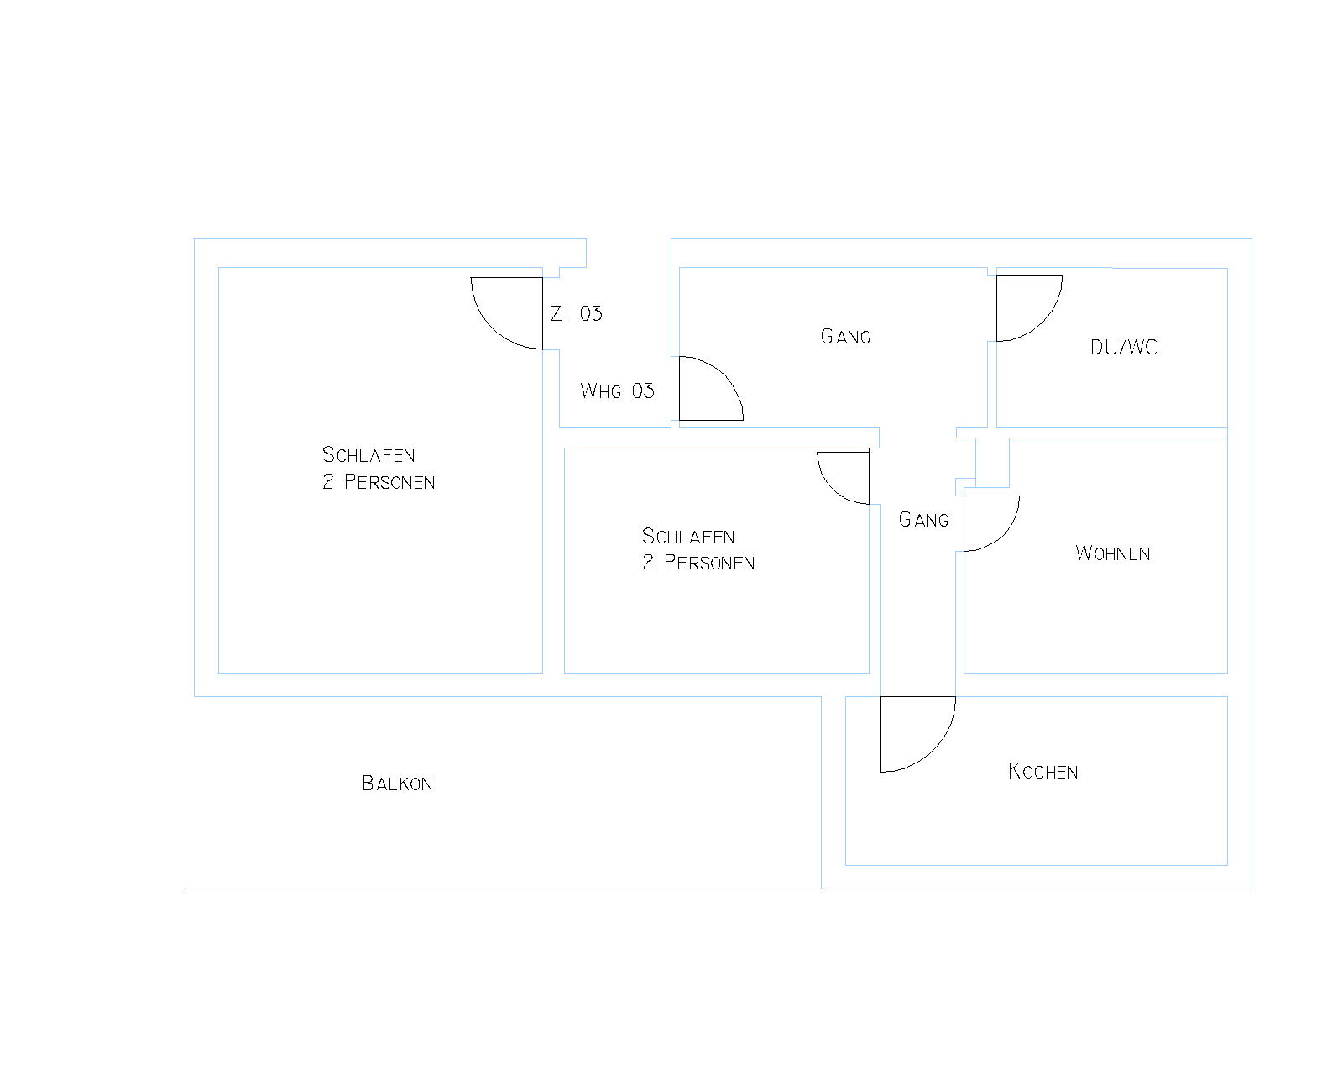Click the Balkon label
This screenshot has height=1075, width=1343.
[397, 784]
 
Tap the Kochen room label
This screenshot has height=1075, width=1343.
[1043, 772]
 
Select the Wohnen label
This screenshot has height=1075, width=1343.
[1112, 553]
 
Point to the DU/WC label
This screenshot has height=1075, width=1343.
[1123, 348]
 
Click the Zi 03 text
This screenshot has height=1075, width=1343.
[576, 313]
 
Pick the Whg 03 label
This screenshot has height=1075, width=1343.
[617, 391]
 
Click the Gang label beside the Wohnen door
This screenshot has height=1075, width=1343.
[923, 520]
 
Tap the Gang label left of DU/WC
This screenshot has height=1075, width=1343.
[845, 337]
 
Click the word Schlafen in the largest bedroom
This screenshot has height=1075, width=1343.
[368, 454]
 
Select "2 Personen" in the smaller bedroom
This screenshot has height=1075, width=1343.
[698, 563]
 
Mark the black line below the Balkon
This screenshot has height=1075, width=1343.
[501, 889]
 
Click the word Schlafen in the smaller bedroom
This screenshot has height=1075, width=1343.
[688, 536]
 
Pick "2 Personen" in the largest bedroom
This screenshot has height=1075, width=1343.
[379, 481]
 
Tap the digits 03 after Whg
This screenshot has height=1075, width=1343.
[643, 391]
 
